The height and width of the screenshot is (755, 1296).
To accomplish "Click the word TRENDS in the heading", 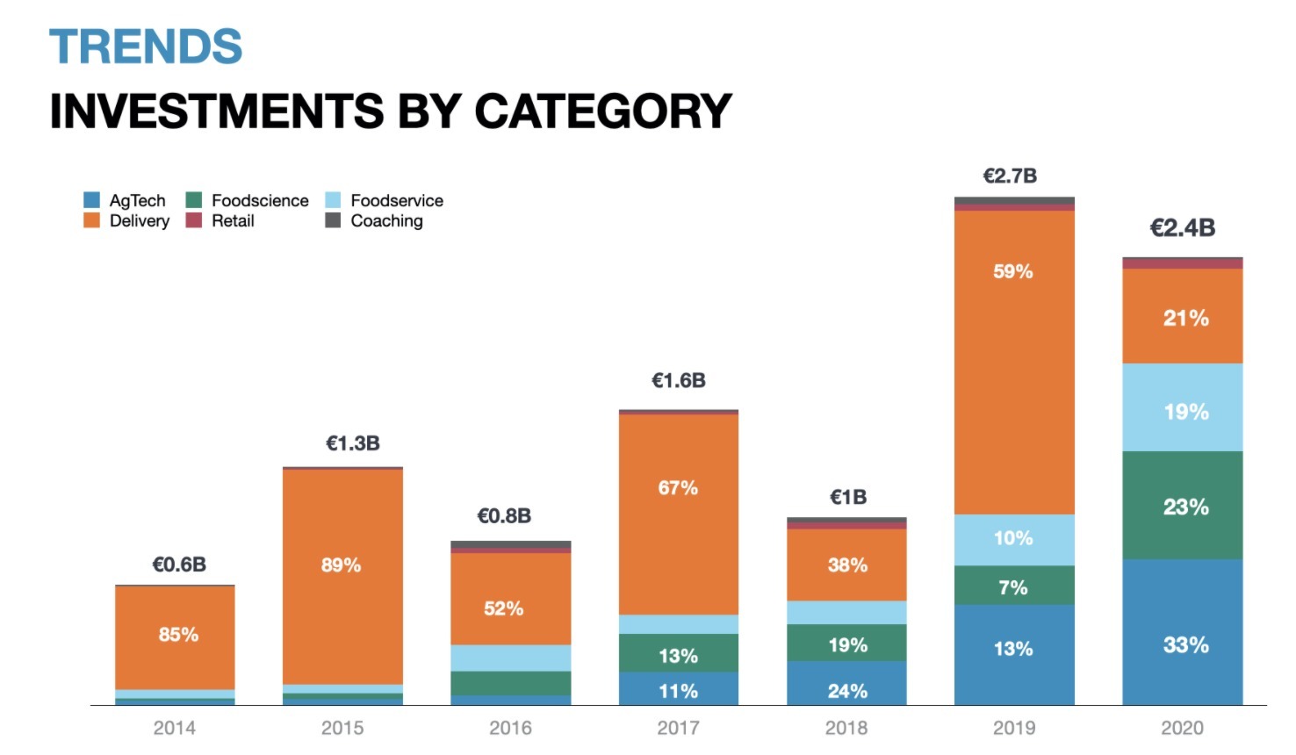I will tap(146, 47).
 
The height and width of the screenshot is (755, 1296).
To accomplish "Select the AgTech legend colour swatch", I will tap(92, 200).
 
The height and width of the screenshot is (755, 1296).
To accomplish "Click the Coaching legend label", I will tap(386, 221).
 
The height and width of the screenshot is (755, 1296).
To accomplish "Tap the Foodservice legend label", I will tap(397, 201).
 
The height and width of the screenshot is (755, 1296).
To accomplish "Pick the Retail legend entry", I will tap(232, 221).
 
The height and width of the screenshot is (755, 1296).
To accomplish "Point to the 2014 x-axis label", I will tap(174, 728).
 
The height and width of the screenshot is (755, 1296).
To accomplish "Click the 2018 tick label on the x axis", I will tap(846, 728).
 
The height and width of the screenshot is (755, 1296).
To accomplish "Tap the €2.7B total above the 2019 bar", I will tap(1010, 176).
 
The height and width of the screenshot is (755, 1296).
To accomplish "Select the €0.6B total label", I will tap(179, 564).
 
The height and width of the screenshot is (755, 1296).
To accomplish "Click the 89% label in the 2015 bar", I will tap(341, 565).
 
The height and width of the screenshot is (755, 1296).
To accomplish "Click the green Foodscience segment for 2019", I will tap(1014, 586).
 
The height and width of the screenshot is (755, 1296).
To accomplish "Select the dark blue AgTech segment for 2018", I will tap(846, 686).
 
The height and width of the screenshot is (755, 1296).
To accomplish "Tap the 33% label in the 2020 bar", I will tap(1185, 645).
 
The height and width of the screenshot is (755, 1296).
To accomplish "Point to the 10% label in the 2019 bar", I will tap(1013, 538).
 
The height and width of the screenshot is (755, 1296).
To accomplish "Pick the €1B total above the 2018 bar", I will tap(848, 498).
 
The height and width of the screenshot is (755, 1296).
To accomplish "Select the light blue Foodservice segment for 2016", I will tap(510, 658).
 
